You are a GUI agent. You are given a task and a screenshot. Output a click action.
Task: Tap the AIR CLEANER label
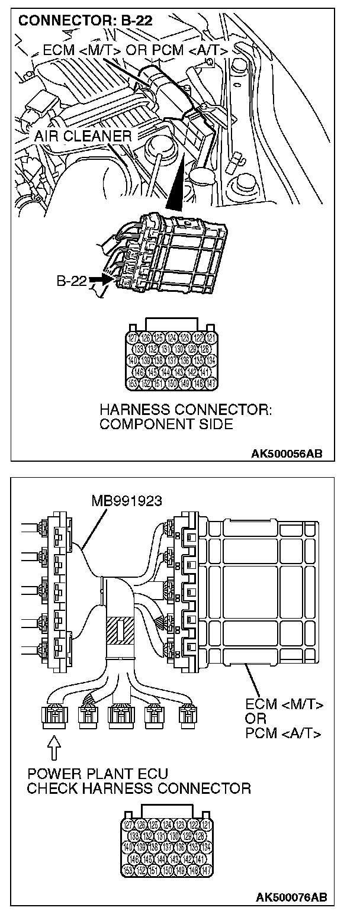click(82, 136)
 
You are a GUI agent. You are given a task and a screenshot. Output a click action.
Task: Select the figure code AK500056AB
click(287, 454)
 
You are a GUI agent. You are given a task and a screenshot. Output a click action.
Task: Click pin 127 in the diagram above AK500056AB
click(133, 338)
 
